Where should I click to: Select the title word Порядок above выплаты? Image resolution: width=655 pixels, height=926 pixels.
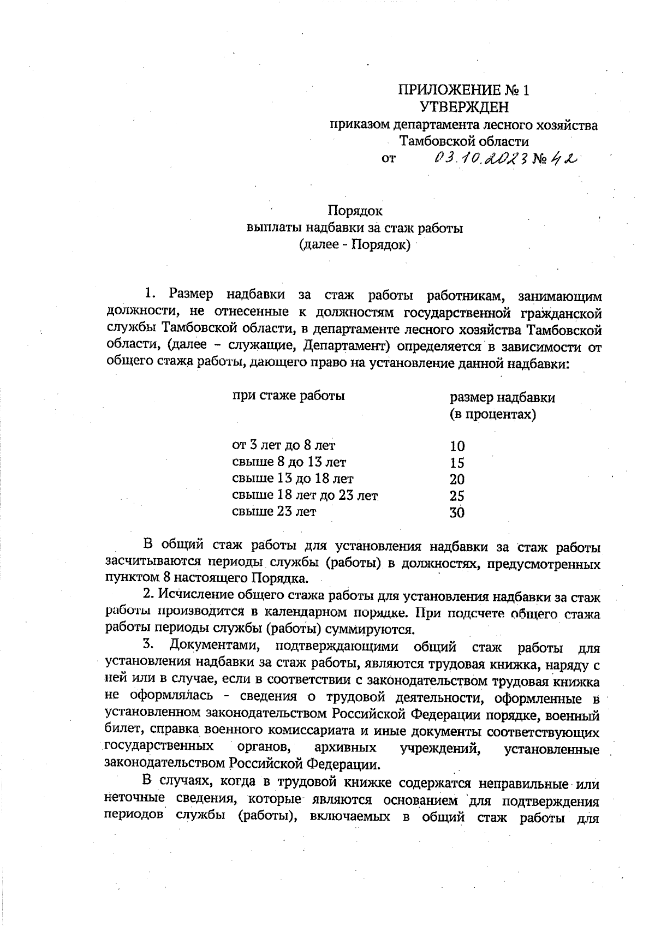click(355, 211)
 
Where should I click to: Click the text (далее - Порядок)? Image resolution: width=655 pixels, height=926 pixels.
click(355, 244)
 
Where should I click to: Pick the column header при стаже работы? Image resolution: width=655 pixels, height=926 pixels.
click(288, 396)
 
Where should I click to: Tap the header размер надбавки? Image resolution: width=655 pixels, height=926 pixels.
click(502, 397)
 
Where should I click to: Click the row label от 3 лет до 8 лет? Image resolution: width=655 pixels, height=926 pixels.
click(284, 445)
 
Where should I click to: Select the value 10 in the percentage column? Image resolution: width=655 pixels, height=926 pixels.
click(457, 446)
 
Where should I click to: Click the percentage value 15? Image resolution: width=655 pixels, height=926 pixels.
click(457, 463)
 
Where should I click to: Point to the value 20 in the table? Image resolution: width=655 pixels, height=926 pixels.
click(457, 480)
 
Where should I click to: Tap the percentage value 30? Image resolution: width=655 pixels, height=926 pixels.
click(457, 513)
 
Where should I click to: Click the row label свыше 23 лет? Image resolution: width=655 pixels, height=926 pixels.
click(274, 512)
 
